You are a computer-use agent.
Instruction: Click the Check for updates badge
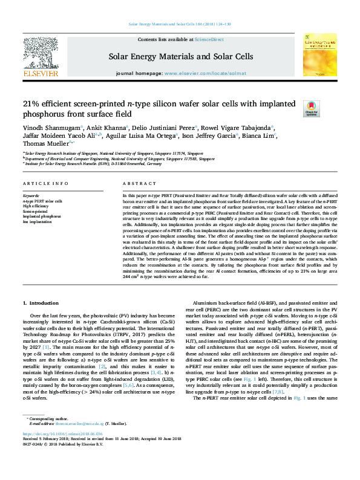pos(327,108)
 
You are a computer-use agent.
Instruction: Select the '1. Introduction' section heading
pos(41,302)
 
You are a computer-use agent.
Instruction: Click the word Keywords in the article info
pos(31,196)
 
